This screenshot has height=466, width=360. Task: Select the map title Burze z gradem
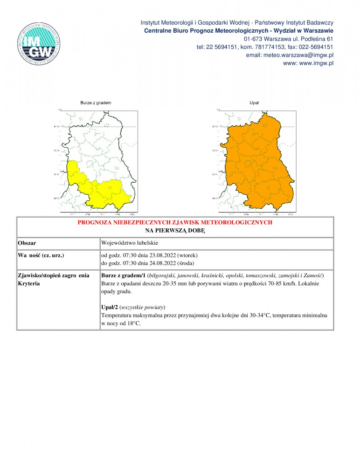click(96, 103)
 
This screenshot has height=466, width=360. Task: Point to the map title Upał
click(254, 103)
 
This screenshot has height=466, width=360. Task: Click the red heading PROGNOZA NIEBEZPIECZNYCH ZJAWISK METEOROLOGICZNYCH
click(175, 223)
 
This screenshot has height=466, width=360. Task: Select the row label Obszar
click(27, 243)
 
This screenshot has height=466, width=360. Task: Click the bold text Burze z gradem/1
click(123, 275)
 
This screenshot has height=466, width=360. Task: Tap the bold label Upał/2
click(109, 308)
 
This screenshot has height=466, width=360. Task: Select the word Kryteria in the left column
click(29, 283)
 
